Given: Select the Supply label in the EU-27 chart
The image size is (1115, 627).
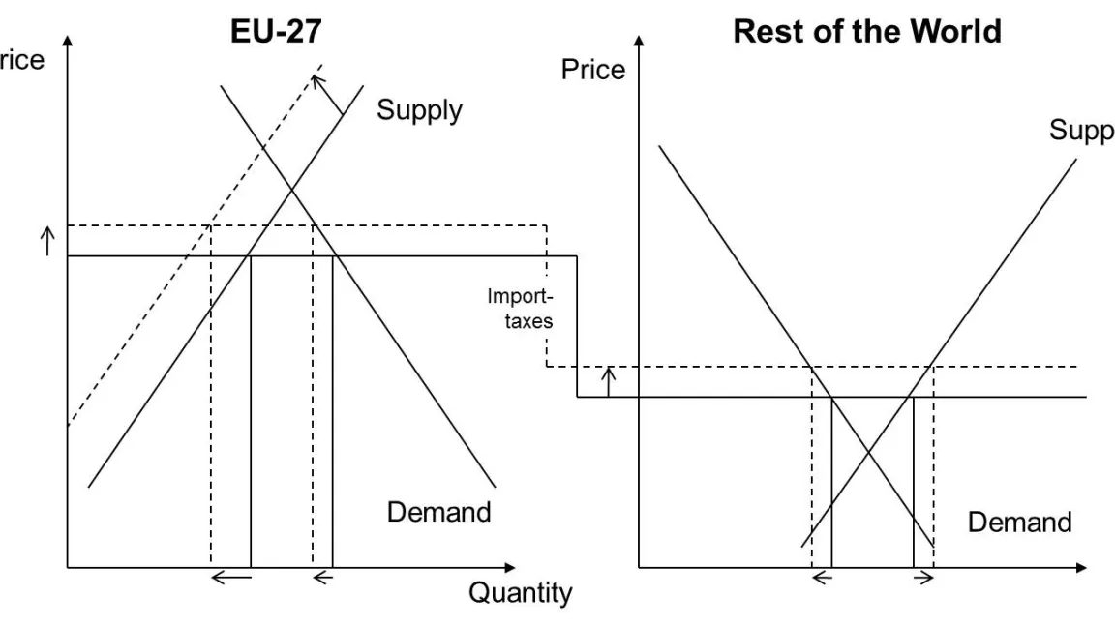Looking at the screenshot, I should [x=419, y=110].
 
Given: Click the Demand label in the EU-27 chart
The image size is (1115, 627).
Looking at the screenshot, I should [x=439, y=512].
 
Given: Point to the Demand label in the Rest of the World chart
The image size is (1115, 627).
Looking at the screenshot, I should [x=1019, y=522].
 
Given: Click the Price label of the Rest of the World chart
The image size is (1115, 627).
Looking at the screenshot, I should [x=593, y=70].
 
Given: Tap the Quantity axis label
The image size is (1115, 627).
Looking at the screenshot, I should [x=521, y=592].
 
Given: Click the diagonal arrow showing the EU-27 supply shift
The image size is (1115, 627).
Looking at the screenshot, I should [x=330, y=97].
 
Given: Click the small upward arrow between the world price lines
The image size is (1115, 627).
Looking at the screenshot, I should [x=608, y=381].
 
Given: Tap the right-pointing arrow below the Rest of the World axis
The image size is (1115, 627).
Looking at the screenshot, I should [x=923, y=578].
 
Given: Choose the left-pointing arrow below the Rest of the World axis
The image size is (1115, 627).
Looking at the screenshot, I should [x=822, y=578].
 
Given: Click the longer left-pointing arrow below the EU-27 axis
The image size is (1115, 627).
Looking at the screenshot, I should [x=231, y=578].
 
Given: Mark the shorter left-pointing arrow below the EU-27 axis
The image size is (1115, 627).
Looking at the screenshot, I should [x=322, y=578].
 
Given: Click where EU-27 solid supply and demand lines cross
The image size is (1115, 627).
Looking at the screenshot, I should [x=292, y=186].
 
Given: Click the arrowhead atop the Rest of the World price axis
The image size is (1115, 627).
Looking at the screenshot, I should [x=639, y=42].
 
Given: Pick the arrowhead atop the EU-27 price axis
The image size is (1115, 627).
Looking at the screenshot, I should [x=68, y=42].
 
